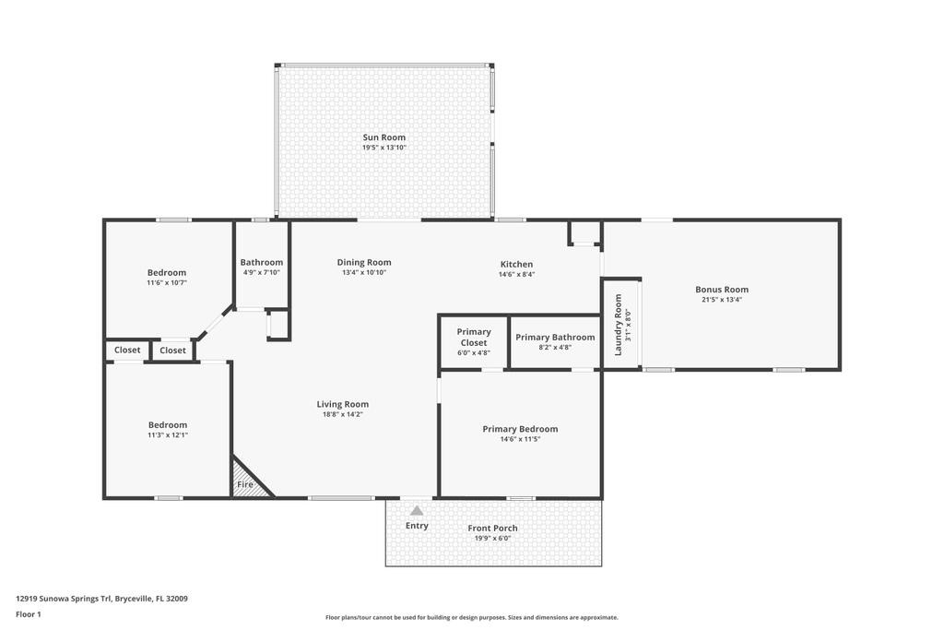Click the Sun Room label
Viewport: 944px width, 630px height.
click(383, 137)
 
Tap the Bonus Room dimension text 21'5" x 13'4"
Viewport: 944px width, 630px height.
click(722, 300)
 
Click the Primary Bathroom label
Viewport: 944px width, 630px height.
click(555, 337)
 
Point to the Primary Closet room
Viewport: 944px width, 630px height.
click(474, 341)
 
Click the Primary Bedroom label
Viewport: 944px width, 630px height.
click(520, 429)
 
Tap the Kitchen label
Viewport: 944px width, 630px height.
click(516, 264)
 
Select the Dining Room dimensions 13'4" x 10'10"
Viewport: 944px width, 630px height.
click(364, 273)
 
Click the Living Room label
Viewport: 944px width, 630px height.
click(343, 404)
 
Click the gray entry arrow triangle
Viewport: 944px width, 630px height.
click(417, 510)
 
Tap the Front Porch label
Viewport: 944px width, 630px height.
click(492, 529)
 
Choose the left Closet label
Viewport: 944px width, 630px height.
click(127, 351)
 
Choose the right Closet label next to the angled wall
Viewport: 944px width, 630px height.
click(172, 351)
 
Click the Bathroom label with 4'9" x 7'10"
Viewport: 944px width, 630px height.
click(261, 262)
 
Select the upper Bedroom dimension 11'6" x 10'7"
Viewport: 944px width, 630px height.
click(167, 282)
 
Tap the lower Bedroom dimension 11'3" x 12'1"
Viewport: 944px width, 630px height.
click(168, 435)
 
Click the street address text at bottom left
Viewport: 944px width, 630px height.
click(102, 598)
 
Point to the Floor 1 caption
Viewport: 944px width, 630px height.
click(29, 613)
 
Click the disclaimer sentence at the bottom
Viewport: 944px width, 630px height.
click(471, 618)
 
